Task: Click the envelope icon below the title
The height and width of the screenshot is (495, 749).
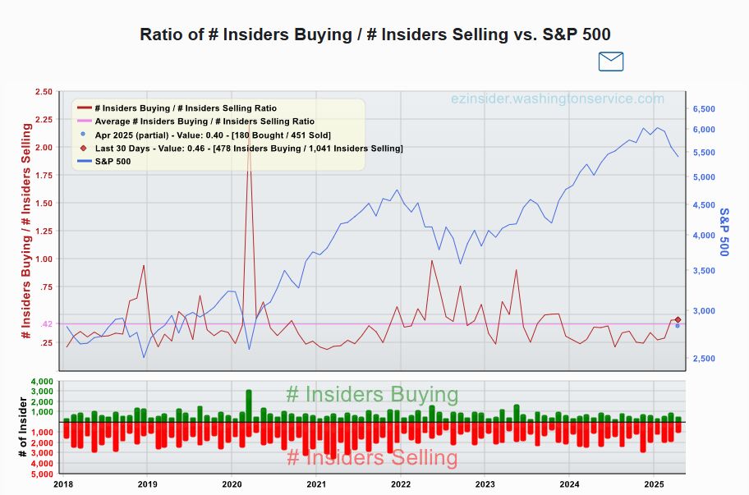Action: pyautogui.click(x=610, y=62)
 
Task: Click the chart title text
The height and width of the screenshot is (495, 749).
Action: pyautogui.click(x=375, y=34)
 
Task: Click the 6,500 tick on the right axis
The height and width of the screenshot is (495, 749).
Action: pyautogui.click(x=705, y=109)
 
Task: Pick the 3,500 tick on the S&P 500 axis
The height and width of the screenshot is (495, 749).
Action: pyautogui.click(x=705, y=271)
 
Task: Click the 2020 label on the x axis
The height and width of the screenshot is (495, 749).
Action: pyautogui.click(x=232, y=484)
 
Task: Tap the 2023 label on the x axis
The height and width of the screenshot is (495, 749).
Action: pyautogui.click(x=485, y=484)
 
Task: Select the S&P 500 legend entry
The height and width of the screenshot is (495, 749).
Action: pyautogui.click(x=113, y=162)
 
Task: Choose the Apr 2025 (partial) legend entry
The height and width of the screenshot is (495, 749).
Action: pyautogui.click(x=213, y=135)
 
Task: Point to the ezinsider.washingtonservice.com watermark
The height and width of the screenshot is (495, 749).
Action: pyautogui.click(x=558, y=99)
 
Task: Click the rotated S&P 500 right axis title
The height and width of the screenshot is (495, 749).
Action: pyautogui.click(x=724, y=231)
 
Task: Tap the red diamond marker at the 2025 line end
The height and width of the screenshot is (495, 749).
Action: pyautogui.click(x=678, y=319)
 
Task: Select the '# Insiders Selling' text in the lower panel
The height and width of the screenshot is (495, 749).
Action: pyautogui.click(x=371, y=458)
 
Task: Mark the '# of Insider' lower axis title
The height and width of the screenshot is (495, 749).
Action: pyautogui.click(x=21, y=428)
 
